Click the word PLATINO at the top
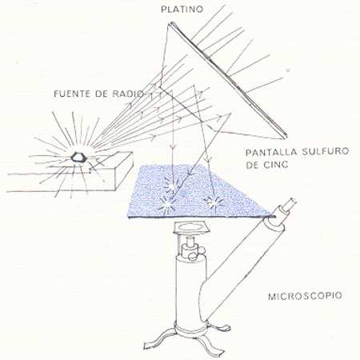pyautogui.click(x=182, y=9)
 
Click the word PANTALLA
pyautogui.click(x=271, y=153)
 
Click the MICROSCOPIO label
pyautogui.click(x=305, y=296)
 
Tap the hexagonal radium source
pyautogui.click(x=79, y=158)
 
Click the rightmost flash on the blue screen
pyautogui.click(x=214, y=202)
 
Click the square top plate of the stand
pyautogui.click(x=191, y=227)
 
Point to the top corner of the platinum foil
pyautogui.click(x=169, y=24)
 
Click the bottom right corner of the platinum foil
pyautogui.click(x=285, y=138)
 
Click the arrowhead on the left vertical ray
pyautogui.click(x=174, y=146)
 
